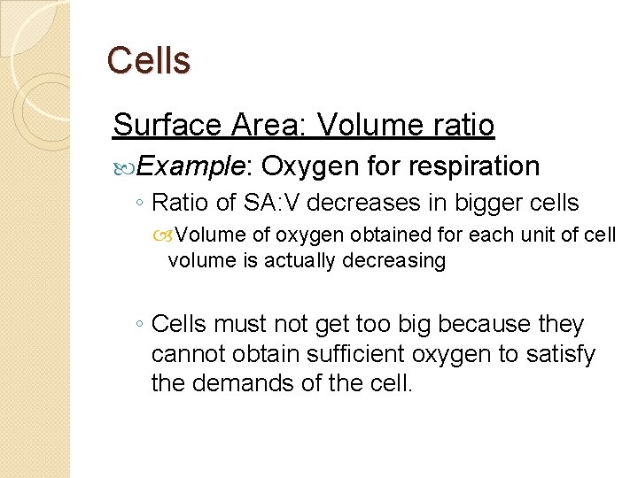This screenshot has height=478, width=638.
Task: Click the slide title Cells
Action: click(x=148, y=60)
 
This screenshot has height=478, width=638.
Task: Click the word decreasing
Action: click(x=403, y=260)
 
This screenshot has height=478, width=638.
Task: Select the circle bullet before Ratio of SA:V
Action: click(x=141, y=204)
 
